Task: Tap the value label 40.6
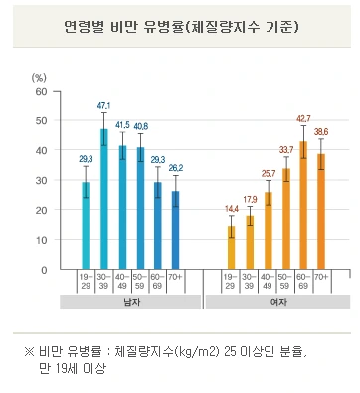(x=140, y=126)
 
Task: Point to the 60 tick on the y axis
(x=41, y=91)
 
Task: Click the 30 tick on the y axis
(x=41, y=166)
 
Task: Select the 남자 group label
(x=130, y=274)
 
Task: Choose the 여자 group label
(x=275, y=274)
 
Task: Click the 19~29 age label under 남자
(x=86, y=254)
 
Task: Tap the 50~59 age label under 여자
(x=285, y=254)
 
